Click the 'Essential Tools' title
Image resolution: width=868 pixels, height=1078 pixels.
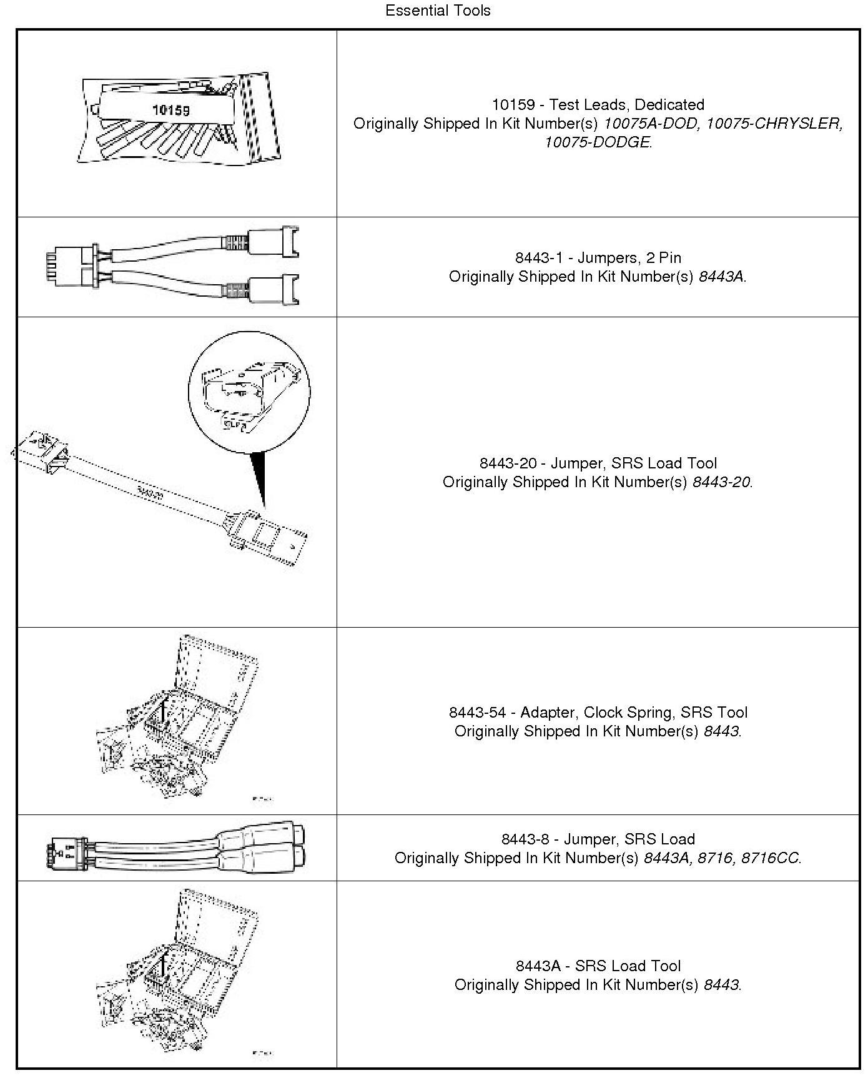pos(438,11)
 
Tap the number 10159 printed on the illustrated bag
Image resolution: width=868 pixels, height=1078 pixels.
pos(170,110)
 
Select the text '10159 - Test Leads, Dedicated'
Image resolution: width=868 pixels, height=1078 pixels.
pos(598,104)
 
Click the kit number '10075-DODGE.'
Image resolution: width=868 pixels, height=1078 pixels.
pos(598,142)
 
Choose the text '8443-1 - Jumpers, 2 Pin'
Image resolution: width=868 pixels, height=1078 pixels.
pos(598,257)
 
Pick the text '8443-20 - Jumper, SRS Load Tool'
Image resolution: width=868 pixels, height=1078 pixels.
pos(598,463)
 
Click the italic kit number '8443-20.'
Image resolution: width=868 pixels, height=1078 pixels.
pos(723,482)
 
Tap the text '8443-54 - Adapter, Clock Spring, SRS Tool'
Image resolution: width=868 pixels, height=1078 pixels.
pos(598,712)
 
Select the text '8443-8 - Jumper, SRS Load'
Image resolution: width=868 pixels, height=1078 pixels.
pos(598,839)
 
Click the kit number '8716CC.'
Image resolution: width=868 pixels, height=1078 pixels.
pos(771,858)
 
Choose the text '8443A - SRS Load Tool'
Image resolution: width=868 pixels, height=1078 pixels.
pos(598,966)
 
